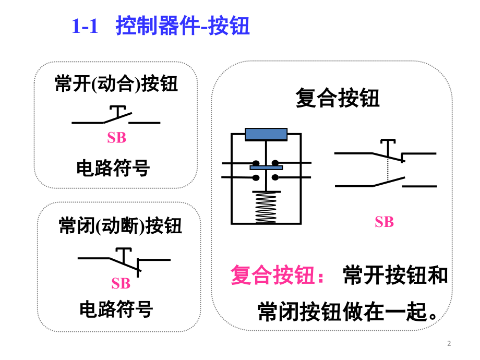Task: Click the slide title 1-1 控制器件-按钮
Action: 160,26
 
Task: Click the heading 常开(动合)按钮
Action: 116,84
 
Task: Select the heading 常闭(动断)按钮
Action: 120,226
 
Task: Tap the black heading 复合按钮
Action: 338,98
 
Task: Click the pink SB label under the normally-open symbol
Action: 117,138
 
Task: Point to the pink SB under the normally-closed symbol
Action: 121,283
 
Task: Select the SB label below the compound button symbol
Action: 384,222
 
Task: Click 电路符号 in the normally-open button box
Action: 113,168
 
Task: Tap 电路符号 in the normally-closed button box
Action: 116,309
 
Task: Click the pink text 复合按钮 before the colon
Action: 272,275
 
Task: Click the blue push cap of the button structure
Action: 266,134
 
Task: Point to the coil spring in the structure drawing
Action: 266,207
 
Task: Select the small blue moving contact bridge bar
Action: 266,167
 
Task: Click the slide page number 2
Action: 449,343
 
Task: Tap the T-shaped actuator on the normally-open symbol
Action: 119,110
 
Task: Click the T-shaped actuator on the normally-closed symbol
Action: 123,254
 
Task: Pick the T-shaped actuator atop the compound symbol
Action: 387,144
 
